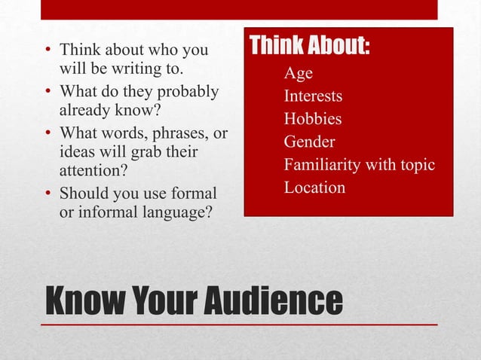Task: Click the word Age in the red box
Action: tap(298, 73)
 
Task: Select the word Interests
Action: tap(313, 96)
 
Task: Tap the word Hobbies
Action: tap(312, 118)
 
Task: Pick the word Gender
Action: tap(309, 142)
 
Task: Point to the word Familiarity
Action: tap(325, 164)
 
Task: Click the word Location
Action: tap(314, 187)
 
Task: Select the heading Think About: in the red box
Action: tap(309, 46)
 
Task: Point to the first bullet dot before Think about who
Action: tap(47, 53)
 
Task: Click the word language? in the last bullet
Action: tap(172, 212)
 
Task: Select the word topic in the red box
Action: tap(416, 164)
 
